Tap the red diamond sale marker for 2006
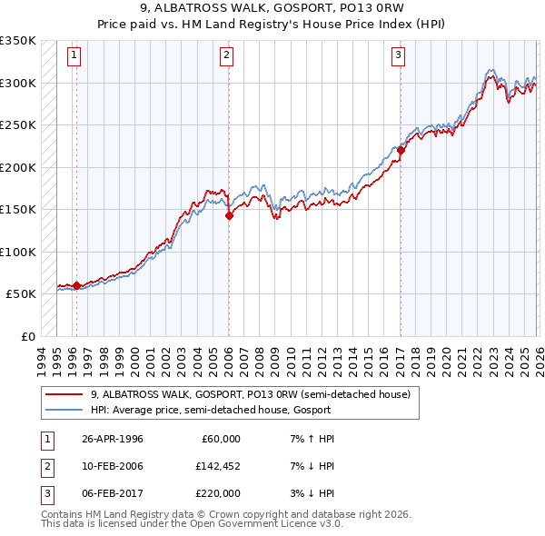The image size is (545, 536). (x=228, y=216)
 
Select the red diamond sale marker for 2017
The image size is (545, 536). (x=401, y=151)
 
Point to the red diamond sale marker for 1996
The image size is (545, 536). (x=76, y=285)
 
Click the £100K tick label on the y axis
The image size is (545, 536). (x=18, y=252)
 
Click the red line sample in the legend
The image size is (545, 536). (x=64, y=394)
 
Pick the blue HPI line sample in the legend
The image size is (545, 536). (x=64, y=410)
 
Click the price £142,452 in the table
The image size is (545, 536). (x=218, y=466)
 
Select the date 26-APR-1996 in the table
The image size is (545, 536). (x=112, y=439)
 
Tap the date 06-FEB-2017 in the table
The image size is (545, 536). (x=112, y=493)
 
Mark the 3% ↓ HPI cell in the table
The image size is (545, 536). (x=310, y=493)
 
